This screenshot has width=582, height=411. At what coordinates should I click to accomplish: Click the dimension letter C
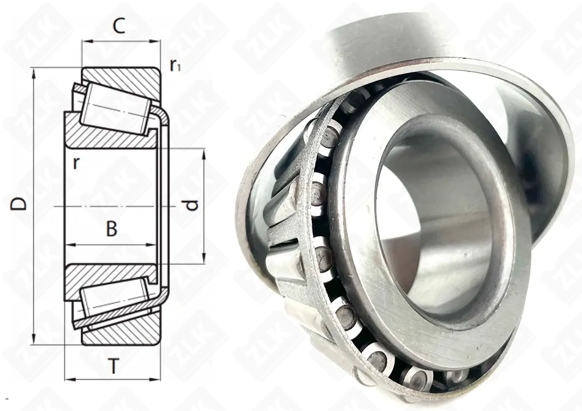(119, 26)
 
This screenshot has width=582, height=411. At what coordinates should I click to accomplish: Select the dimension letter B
(112, 229)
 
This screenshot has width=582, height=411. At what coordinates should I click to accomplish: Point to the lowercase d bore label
(192, 205)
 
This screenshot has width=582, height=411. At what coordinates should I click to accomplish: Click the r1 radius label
(175, 65)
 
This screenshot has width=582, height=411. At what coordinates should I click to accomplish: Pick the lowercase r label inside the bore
(76, 163)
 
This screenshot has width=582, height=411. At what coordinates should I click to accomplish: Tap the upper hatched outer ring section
(123, 84)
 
